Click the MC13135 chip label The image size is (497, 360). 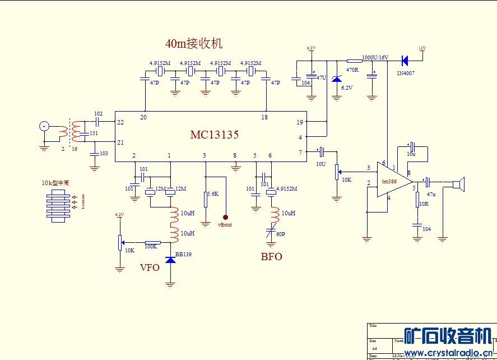(215, 135)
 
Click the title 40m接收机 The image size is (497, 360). (194, 43)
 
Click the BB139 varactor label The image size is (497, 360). (183, 255)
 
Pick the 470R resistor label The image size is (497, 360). (352, 70)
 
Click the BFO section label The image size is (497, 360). (271, 257)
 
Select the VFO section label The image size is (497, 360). (150, 267)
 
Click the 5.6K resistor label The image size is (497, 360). (212, 193)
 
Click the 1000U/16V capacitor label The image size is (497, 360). (375, 57)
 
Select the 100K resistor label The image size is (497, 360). (151, 246)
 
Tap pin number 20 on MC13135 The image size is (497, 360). (143, 117)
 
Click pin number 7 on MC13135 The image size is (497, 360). (300, 152)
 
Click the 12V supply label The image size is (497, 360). (422, 48)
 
